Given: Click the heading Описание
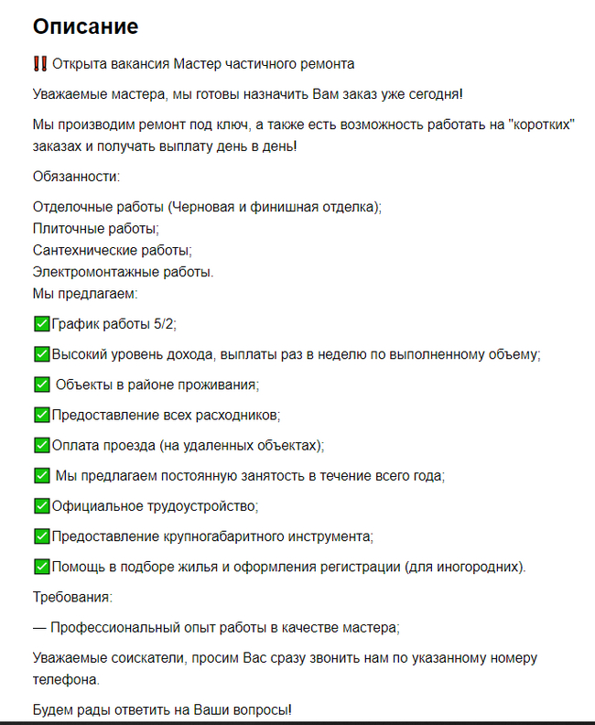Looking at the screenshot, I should coord(85,27).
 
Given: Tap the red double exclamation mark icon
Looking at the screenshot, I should coord(39,64).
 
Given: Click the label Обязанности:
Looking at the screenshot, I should coord(76,176).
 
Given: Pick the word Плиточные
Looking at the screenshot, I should coord(67,228).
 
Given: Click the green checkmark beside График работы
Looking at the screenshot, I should coord(40,323).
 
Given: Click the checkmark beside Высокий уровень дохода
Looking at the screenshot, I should coord(40,353).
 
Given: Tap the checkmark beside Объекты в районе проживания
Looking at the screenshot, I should coord(40,384).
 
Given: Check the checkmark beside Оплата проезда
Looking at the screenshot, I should coord(40,445).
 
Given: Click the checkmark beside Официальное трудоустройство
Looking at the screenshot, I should coord(40,505).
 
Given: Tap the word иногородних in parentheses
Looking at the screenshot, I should coord(481,567).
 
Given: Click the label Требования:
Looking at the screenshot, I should coord(72,597).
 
